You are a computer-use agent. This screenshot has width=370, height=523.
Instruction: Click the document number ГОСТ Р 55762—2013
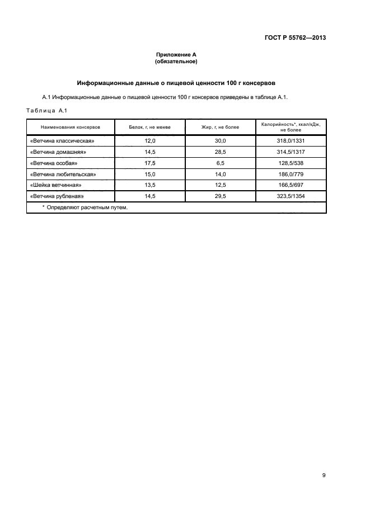(x=295, y=38)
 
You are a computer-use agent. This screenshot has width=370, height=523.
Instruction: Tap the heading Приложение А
(x=176, y=55)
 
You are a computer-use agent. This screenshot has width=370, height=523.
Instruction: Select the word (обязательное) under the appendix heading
(x=176, y=62)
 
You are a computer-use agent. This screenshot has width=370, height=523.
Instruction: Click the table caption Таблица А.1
(x=46, y=110)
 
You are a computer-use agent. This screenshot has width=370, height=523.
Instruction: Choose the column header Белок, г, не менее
(x=149, y=128)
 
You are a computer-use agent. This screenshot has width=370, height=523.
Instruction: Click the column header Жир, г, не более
(x=220, y=128)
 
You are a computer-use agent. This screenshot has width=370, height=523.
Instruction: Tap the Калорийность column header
(x=291, y=127)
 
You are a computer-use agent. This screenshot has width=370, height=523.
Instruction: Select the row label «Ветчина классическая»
(x=63, y=142)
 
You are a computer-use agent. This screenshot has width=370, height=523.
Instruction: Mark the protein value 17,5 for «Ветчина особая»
(x=149, y=163)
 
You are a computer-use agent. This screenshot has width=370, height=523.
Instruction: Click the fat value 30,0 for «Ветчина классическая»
(x=220, y=142)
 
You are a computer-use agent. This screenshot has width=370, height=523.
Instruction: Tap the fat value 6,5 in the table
(x=220, y=163)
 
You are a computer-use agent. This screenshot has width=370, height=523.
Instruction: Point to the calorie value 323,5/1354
(x=291, y=196)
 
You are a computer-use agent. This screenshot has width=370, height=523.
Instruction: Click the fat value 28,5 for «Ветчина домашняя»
(x=220, y=152)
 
